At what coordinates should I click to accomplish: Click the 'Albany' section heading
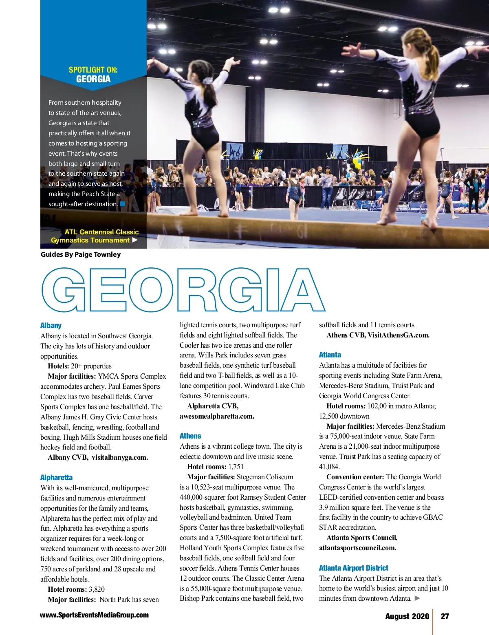click(x=51, y=325)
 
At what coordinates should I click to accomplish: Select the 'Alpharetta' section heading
click(x=56, y=477)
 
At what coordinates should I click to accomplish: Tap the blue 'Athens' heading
click(x=190, y=436)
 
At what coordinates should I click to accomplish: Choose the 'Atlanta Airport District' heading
click(x=353, y=568)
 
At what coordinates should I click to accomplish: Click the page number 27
click(x=445, y=616)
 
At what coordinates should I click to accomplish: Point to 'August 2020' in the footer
click(x=407, y=616)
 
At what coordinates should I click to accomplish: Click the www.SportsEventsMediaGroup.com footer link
click(x=94, y=615)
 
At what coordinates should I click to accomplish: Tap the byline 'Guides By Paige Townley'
click(x=81, y=254)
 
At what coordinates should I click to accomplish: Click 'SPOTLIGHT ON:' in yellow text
click(x=93, y=70)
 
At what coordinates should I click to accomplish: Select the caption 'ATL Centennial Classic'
click(x=101, y=232)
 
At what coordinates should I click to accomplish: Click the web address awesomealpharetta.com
click(x=217, y=416)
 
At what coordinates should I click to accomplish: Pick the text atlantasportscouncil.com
click(x=357, y=548)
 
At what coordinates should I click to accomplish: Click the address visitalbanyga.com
click(x=119, y=457)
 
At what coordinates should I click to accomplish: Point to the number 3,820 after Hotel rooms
click(x=97, y=589)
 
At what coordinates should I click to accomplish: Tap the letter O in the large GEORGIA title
click(x=151, y=290)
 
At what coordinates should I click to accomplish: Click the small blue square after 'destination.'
click(x=122, y=204)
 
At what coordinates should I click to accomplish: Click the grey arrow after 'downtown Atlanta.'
click(x=417, y=598)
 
